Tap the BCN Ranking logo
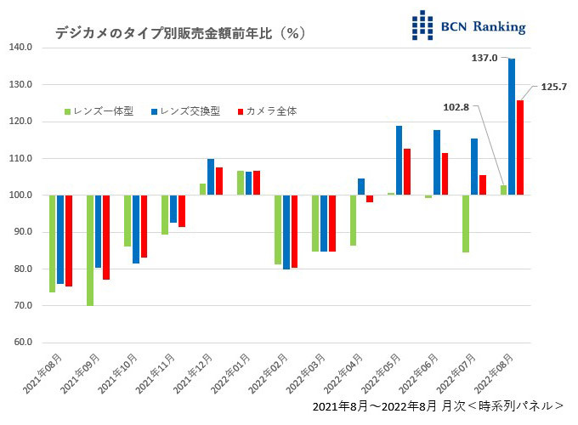(467, 25)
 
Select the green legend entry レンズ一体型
(99, 111)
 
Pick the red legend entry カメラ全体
(266, 111)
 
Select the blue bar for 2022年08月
(512, 127)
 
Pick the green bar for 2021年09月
(90, 250)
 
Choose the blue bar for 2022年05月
(399, 161)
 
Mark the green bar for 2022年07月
(466, 224)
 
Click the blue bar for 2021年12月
(211, 177)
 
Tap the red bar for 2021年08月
(69, 241)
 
